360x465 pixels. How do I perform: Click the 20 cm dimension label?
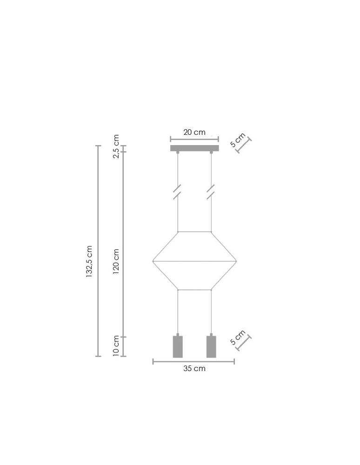point(194,133)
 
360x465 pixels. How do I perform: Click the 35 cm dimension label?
point(194,369)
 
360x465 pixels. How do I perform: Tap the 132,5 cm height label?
point(89,262)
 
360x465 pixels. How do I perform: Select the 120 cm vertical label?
point(116,261)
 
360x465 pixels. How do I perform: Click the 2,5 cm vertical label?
point(116,146)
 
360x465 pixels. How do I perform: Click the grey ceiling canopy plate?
point(194,148)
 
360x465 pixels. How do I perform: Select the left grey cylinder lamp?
point(178,346)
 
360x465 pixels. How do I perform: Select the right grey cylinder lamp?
point(211,346)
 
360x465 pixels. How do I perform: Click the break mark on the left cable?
point(177,192)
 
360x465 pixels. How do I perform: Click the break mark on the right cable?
point(211,192)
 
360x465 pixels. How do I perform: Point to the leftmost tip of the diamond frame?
point(153,261)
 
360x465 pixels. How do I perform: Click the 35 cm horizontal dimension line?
point(193,361)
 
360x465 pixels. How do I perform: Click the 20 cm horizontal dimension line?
point(194,139)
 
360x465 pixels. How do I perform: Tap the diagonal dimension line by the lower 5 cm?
point(244,344)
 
